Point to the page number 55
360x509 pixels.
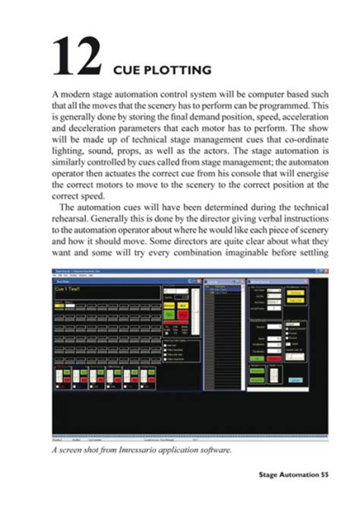point(343,476)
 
